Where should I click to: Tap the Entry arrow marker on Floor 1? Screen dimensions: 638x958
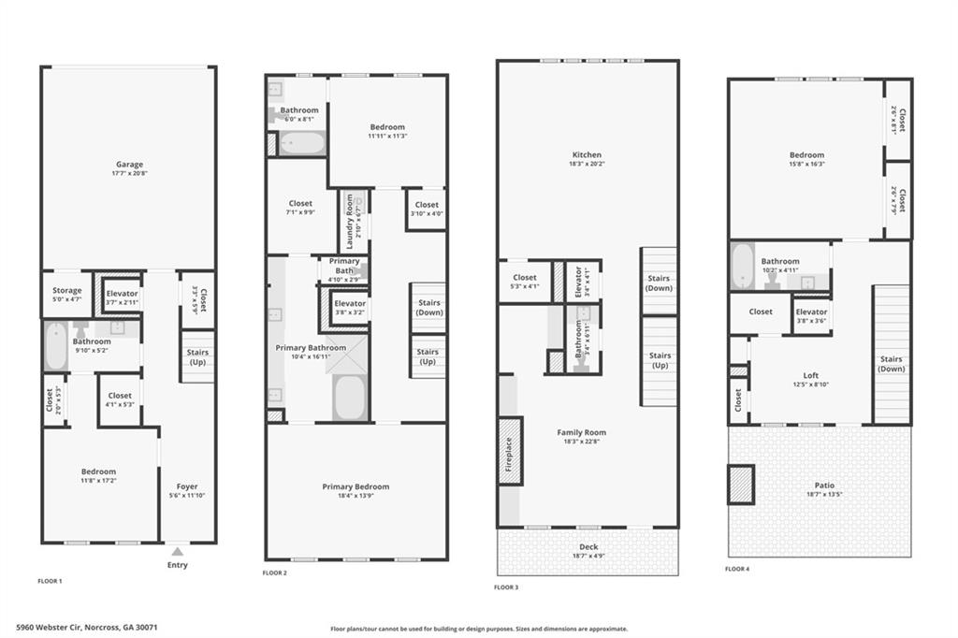click(177, 551)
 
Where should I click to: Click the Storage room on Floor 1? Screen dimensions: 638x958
click(66, 294)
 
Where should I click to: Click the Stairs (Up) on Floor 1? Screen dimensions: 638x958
click(197, 356)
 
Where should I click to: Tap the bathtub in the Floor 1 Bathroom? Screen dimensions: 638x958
click(56, 346)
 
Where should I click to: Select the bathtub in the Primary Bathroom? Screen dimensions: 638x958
click(350, 398)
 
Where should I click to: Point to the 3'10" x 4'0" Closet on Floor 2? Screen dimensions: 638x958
click(426, 209)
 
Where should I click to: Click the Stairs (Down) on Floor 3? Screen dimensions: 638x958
click(660, 282)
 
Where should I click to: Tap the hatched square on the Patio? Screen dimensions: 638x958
click(741, 485)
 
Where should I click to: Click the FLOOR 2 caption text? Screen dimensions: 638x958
click(275, 573)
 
